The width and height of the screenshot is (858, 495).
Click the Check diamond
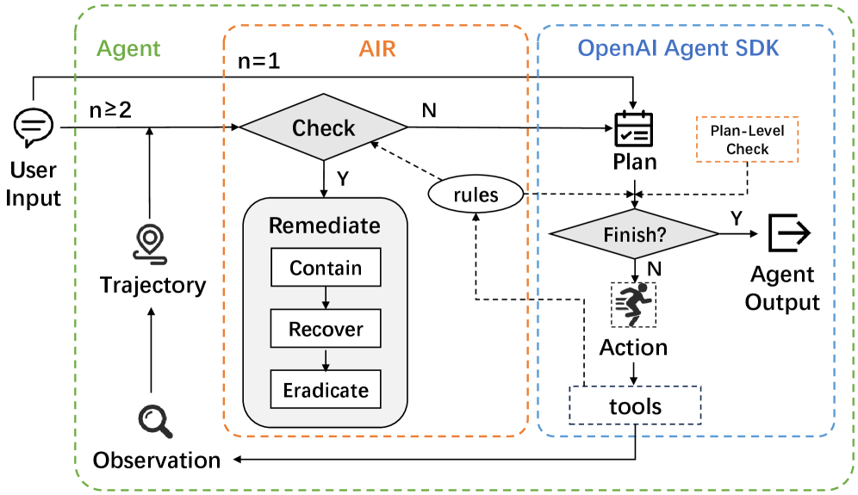point(323,128)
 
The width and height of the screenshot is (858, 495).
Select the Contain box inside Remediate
point(326,268)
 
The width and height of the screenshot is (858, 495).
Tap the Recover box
point(326,329)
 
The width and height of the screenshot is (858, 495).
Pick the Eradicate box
point(326,390)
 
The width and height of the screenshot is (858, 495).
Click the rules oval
point(476,195)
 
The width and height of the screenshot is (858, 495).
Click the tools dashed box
point(636,405)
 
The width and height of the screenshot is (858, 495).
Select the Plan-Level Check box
point(747,140)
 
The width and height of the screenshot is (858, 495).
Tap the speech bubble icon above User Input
point(34,127)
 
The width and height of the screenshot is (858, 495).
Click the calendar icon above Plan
point(634,130)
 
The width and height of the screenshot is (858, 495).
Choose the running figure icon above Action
point(634,304)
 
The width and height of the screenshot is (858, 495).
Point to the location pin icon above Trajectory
point(152,243)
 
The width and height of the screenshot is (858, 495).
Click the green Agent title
point(128,48)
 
